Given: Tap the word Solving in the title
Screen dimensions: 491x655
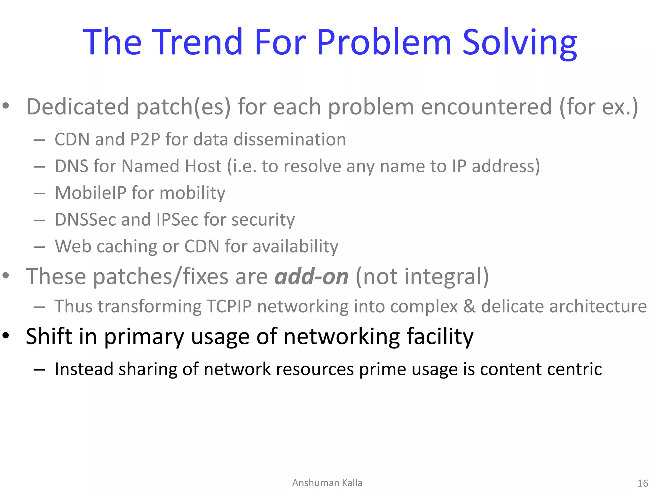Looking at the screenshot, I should [x=520, y=43].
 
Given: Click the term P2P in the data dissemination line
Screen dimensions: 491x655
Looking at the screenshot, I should [x=145, y=139].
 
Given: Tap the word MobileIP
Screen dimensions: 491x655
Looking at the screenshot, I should [x=90, y=193].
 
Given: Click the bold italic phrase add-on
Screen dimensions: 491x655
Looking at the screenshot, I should [x=312, y=276].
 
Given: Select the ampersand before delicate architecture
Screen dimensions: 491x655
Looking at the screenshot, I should [x=469, y=306].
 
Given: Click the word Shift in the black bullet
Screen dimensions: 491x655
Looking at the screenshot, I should [x=49, y=336].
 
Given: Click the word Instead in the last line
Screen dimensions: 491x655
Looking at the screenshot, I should [x=84, y=369].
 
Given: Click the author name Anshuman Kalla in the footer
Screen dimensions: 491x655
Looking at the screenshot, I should [x=327, y=483].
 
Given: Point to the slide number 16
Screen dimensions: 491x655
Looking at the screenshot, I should [x=643, y=483].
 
